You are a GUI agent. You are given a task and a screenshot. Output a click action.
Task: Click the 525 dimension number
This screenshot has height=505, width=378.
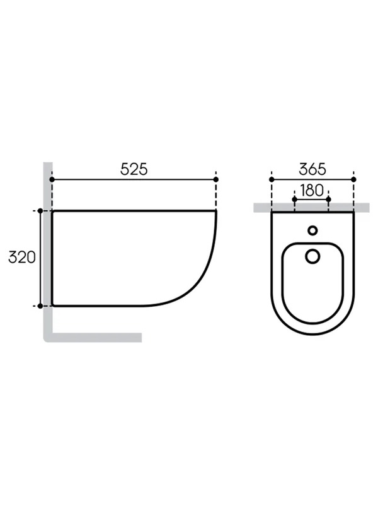tap(134, 169)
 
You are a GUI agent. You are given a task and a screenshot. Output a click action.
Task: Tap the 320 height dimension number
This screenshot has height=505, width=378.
tap(22, 258)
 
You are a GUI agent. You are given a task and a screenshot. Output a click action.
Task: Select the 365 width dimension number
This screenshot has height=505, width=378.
tap(312, 169)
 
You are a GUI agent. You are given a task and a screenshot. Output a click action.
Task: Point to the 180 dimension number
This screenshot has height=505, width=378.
tap(311, 191)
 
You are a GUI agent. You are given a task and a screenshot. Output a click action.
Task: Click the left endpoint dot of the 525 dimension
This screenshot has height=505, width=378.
tap(52, 179)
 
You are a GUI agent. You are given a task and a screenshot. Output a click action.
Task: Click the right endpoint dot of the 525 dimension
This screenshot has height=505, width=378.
tap(216, 179)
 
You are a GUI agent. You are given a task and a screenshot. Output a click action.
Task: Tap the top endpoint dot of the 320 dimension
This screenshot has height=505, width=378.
tap(40, 211)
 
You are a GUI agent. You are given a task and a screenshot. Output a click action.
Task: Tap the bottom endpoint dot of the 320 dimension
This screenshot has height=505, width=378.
tap(40, 306)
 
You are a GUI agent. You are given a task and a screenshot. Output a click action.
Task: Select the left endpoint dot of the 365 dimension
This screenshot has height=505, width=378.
tap(272, 179)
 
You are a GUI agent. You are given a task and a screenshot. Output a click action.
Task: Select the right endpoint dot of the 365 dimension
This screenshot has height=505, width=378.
tap(353, 179)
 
